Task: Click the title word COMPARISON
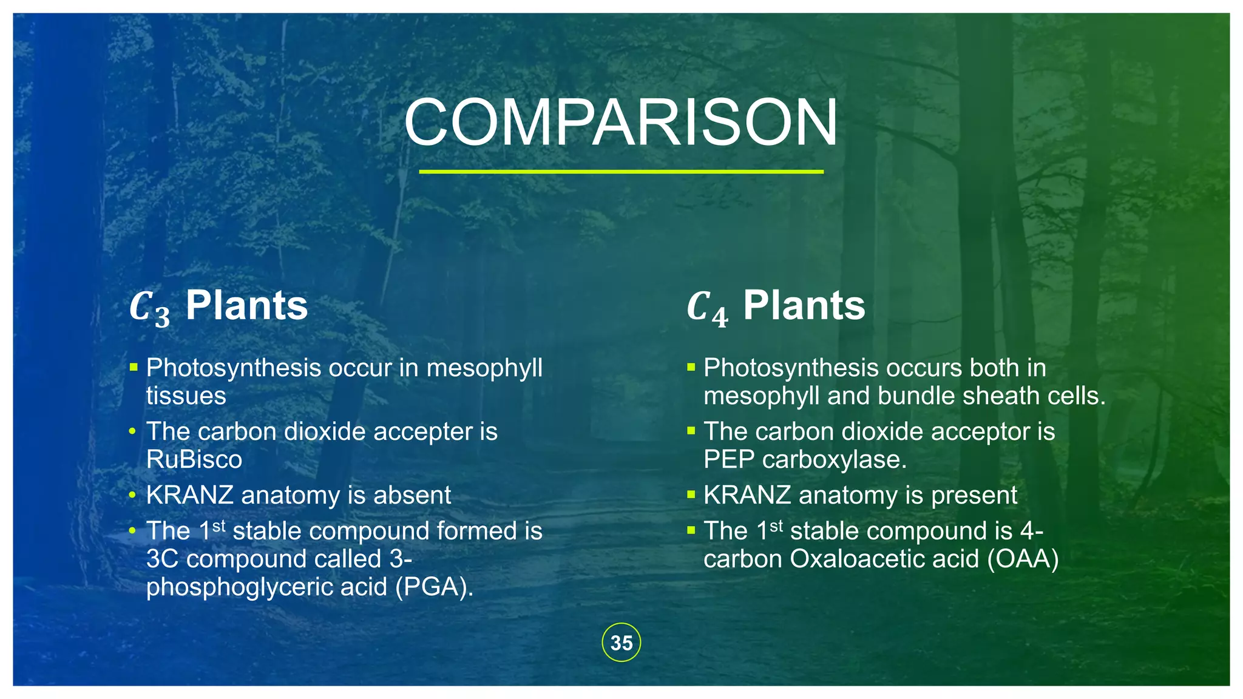coord(621,123)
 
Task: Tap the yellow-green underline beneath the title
coord(621,172)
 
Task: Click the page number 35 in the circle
coord(621,643)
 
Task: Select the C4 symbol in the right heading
coord(707,308)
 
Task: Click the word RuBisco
coord(194,459)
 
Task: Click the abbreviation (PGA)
coord(434,587)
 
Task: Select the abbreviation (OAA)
coord(1023,559)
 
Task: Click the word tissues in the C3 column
coord(186,396)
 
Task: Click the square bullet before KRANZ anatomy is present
coord(691,495)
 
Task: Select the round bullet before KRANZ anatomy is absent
coord(132,495)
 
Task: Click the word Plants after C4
coord(804,305)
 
